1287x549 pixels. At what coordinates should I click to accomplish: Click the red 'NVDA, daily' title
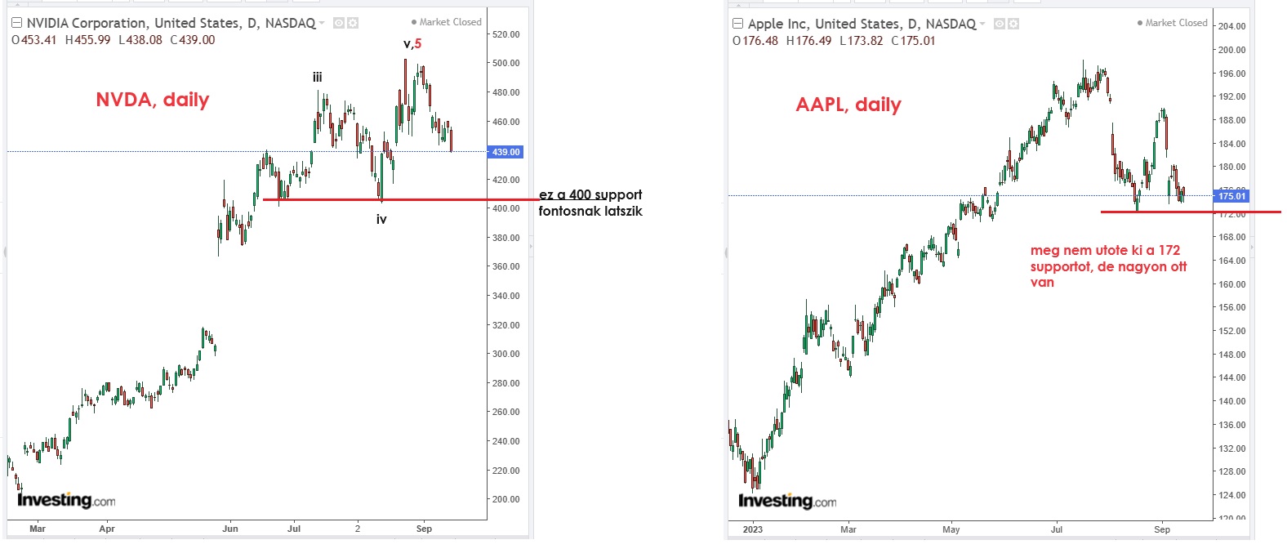point(153,100)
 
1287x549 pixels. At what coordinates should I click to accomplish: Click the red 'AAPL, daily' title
point(848,105)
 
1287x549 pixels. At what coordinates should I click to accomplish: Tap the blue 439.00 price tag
point(505,152)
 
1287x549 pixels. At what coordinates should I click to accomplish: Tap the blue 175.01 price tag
point(1232,196)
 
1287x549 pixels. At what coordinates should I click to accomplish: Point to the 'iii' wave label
point(317,78)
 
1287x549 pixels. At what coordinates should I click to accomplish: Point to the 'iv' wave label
point(381,219)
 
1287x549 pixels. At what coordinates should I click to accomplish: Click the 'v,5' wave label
point(412,44)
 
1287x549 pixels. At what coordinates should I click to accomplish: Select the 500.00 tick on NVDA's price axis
point(505,63)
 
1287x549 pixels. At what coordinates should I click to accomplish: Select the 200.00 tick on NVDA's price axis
point(505,499)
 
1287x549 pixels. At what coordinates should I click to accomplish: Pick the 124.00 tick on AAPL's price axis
point(1231,495)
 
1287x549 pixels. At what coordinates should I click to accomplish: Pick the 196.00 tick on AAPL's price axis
point(1231,74)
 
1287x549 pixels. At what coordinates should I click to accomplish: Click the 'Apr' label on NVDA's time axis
point(107,529)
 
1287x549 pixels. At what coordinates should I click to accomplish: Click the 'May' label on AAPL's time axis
point(951,529)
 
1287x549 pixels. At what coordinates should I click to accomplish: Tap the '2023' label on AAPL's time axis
point(753,529)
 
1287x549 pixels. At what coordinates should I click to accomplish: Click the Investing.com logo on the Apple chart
point(787,501)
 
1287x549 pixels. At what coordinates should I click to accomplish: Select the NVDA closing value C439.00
point(193,40)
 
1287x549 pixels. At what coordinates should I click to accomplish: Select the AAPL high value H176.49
point(808,41)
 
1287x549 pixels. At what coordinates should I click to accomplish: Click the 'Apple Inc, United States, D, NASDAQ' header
point(862,24)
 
